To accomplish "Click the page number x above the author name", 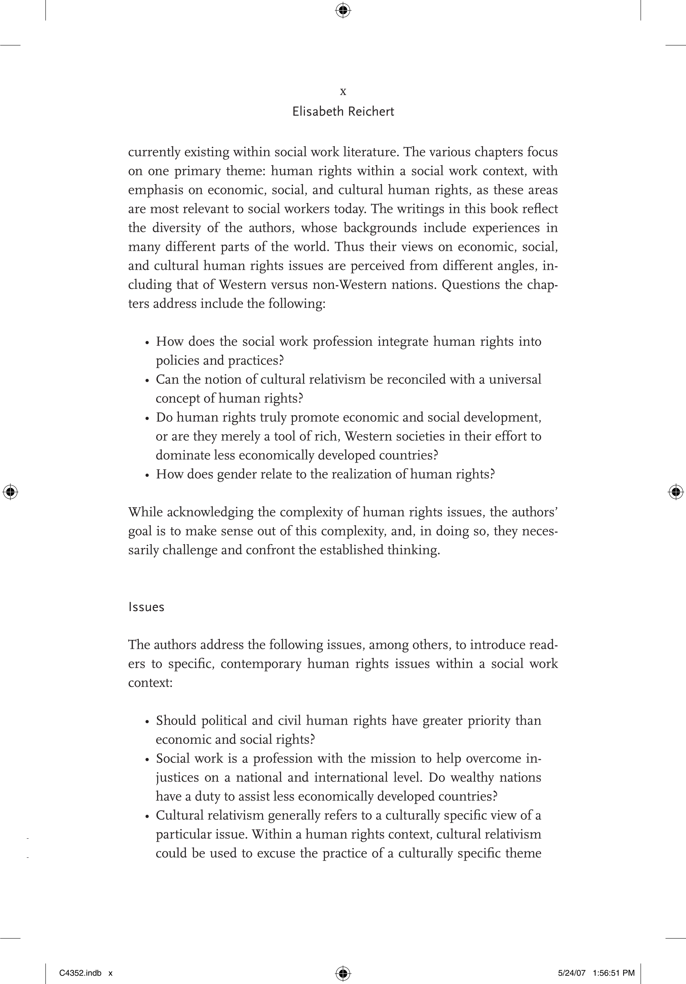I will click(343, 91).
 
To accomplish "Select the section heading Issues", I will click(146, 607).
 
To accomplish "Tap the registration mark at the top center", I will click(343, 10).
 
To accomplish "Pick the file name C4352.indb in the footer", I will click(80, 973).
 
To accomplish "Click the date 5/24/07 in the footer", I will click(572, 973).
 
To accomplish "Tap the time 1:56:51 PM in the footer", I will click(613, 973).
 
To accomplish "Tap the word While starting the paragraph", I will click(145, 512).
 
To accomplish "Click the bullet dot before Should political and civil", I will click(147, 722).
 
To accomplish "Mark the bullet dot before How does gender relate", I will click(147, 475).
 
